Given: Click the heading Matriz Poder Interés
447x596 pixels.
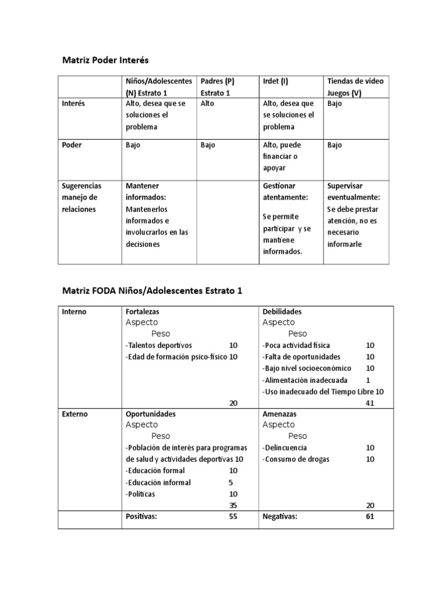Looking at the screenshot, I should click(105, 59).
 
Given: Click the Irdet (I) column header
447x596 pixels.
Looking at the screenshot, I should click(275, 81).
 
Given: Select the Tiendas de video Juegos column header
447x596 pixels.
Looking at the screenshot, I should click(355, 87).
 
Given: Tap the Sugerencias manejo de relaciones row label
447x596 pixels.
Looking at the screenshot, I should click(81, 197).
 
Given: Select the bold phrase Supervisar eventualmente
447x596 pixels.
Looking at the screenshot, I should click(353, 191).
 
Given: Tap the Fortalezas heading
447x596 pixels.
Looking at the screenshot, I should click(142, 311).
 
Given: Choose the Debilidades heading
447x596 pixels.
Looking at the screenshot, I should click(282, 311).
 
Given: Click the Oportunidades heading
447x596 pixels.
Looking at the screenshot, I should click(150, 414).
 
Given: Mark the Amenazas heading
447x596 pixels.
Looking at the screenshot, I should click(279, 414).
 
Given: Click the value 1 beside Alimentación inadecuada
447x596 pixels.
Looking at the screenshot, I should click(368, 380).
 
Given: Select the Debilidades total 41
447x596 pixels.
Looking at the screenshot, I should click(370, 403).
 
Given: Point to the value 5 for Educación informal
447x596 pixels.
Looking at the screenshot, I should click(231, 483).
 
